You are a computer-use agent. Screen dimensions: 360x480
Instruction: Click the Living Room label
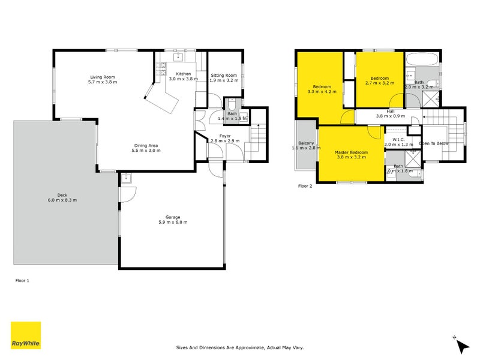point(103,77)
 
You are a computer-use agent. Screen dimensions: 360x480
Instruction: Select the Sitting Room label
point(224,74)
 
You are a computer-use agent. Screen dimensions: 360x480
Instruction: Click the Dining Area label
point(146,145)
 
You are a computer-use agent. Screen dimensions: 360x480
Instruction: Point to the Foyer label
point(225,136)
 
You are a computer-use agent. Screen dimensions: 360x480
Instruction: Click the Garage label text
point(173,217)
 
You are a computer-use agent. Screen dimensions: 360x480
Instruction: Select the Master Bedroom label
point(351,152)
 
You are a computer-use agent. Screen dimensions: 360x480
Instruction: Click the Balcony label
point(306,143)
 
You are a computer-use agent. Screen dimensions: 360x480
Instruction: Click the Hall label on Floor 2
point(390,111)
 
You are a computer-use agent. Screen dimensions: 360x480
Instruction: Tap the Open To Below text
point(434,144)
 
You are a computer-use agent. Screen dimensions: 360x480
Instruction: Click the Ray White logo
point(26,336)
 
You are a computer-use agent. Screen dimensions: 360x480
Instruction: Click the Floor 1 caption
point(22,280)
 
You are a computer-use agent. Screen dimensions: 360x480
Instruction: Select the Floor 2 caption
point(306,186)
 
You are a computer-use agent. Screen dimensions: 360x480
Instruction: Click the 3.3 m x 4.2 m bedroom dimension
point(322,92)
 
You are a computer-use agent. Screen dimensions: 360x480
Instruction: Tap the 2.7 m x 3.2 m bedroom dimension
point(379,83)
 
